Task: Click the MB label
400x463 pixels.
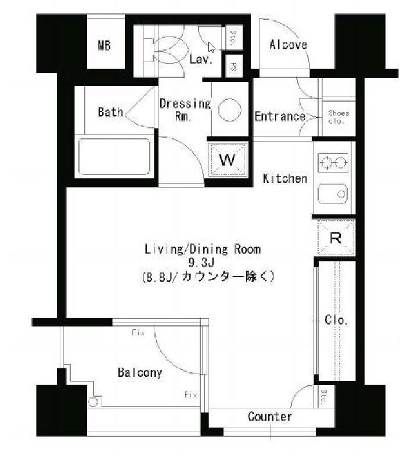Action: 104,46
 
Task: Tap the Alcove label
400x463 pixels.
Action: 288,45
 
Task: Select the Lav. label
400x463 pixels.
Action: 201,59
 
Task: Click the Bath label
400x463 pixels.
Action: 110,112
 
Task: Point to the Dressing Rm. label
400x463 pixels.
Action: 185,109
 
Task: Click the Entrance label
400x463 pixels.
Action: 280,116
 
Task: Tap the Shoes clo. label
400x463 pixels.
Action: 338,117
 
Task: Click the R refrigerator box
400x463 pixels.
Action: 335,237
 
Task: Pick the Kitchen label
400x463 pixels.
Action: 285,178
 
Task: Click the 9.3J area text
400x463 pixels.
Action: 202,263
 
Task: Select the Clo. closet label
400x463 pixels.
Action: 336,320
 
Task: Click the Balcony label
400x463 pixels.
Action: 139,372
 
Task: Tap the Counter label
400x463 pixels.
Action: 269,417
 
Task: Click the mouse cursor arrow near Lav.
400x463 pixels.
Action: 211,48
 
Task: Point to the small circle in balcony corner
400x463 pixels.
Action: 92,401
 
